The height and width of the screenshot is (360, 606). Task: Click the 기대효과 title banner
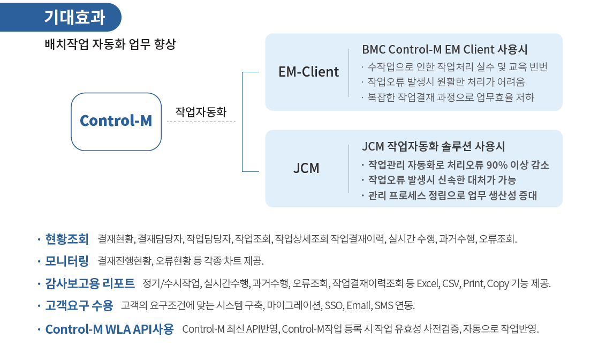(x=60, y=17)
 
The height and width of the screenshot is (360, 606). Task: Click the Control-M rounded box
(x=116, y=122)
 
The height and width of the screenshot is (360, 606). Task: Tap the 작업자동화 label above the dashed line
(x=201, y=112)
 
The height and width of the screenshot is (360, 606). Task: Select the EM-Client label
(x=308, y=72)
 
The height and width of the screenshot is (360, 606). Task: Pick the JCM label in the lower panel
(x=306, y=168)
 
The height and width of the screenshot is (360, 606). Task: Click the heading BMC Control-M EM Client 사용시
(x=444, y=49)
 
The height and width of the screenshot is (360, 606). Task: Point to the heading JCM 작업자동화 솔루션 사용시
(x=433, y=146)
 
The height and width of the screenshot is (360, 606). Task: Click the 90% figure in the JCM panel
(x=497, y=165)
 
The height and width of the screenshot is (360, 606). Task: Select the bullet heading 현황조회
(x=67, y=239)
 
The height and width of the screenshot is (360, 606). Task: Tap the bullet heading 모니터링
(x=67, y=261)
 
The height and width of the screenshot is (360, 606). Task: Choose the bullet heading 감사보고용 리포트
(x=89, y=283)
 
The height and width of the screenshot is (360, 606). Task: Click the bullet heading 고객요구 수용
(x=79, y=305)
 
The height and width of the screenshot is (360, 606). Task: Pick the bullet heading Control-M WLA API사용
(x=109, y=329)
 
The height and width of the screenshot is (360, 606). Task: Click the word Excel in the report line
(x=428, y=283)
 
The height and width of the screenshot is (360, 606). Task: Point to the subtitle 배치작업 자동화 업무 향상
(x=110, y=44)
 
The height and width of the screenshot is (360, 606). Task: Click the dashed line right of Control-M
(x=201, y=122)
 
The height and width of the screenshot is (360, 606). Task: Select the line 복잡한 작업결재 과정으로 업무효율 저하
(x=451, y=97)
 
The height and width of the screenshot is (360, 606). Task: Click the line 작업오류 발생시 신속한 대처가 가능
(x=442, y=180)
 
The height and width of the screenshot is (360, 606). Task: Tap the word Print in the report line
(x=473, y=283)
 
